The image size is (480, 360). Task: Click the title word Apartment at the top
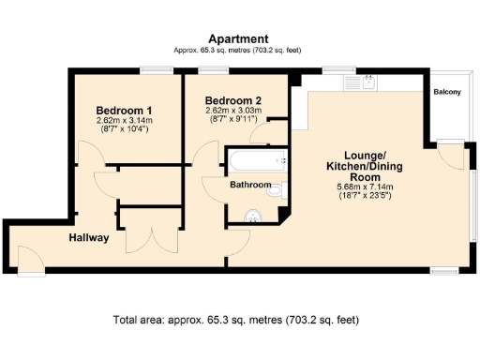pos(239,38)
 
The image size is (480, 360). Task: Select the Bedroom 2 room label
pos(232,100)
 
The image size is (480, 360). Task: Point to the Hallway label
pos(89,238)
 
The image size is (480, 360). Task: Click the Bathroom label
pos(251,185)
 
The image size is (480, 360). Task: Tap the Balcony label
pos(447,92)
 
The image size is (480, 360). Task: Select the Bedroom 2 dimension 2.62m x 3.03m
pos(232,111)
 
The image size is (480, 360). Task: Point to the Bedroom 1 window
pos(151,68)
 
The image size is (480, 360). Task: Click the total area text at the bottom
pos(234,320)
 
